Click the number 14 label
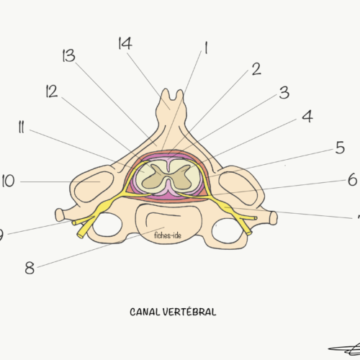[125, 43]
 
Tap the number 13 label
[68, 55]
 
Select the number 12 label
[52, 91]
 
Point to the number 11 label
[22, 127]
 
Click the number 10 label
[9, 181]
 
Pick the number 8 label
[30, 268]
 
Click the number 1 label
[206, 48]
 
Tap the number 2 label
[256, 69]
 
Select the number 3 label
[284, 93]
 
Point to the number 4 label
[307, 117]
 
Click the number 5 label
[340, 148]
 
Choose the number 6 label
[353, 179]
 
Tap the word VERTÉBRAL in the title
[189, 312]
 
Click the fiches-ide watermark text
[168, 235]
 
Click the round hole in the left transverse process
[107, 225]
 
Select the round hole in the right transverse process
[228, 230]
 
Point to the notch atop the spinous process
[173, 97]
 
